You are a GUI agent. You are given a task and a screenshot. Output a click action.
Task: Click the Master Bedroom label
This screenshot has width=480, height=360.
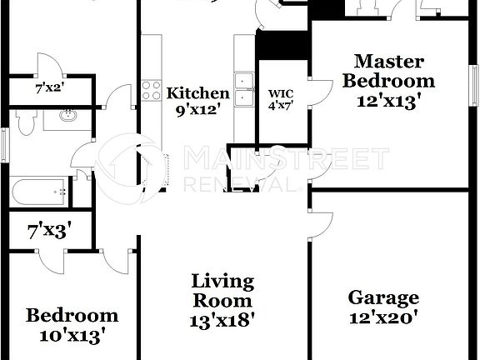point(388,71)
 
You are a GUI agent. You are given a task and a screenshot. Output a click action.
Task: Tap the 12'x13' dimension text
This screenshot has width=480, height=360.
point(388,101)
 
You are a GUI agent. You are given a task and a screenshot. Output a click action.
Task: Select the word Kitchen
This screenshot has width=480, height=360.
point(197,92)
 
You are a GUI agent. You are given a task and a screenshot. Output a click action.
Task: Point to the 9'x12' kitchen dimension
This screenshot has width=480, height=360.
point(197,108)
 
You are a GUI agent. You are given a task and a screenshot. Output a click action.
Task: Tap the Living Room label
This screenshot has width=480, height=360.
point(222,290)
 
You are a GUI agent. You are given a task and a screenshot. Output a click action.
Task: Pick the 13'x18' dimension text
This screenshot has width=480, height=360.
point(222,317)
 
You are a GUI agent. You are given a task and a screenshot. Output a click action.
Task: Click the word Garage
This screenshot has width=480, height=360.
point(383,297)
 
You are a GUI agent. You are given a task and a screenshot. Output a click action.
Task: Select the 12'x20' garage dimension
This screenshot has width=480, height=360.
point(383,317)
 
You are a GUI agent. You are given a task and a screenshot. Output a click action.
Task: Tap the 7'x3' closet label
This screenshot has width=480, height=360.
point(47,231)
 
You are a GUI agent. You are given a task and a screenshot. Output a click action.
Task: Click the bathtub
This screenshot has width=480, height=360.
point(39,191)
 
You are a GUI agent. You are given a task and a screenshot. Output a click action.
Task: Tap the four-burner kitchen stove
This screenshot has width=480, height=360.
point(151,89)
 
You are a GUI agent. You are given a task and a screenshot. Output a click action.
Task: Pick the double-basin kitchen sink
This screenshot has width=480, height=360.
point(243,90)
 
